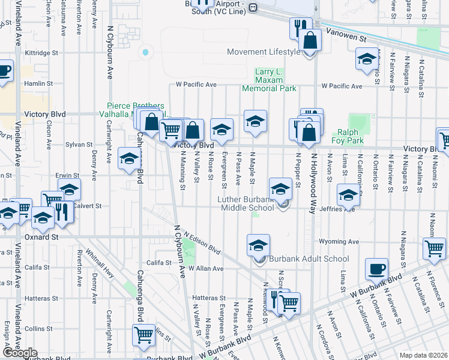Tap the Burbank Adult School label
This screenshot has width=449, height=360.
click(x=309, y=259)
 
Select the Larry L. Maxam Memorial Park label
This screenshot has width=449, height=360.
click(x=269, y=80)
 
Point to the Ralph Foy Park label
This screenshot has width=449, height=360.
click(x=351, y=136)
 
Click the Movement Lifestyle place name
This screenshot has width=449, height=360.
click(x=264, y=52)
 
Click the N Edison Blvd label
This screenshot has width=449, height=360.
click(x=202, y=243)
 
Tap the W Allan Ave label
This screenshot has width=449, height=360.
click(x=206, y=269)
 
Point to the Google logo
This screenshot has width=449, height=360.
click(x=20, y=353)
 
